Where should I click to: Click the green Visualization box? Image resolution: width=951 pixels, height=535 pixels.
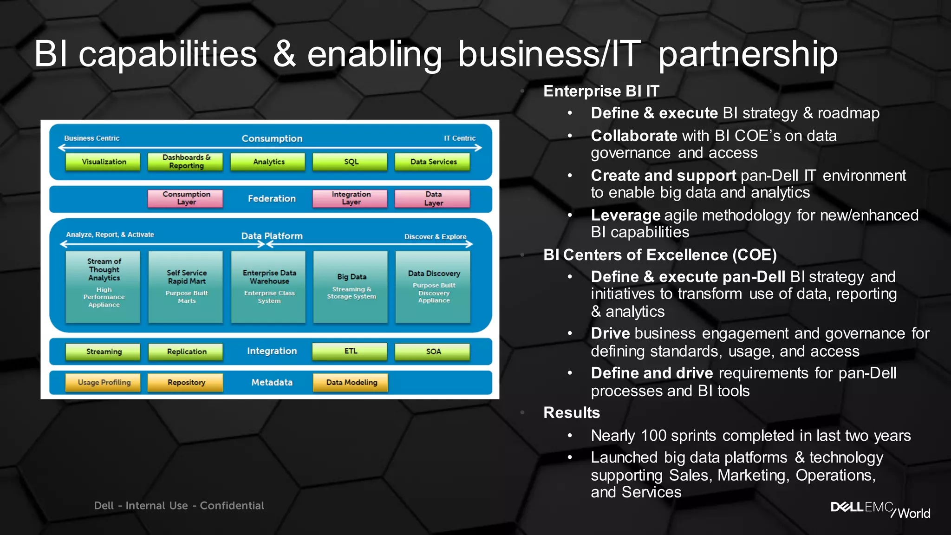103,162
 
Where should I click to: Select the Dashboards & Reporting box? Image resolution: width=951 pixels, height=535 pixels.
186,162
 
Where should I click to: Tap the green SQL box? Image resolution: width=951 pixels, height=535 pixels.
351,162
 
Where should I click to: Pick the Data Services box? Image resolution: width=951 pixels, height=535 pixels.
433,162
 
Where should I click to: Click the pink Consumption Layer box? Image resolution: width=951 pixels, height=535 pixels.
186,198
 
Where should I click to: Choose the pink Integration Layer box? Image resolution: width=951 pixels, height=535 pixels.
351,198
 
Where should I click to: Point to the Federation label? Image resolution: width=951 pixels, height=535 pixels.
272,199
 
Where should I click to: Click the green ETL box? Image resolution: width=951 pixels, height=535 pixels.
351,352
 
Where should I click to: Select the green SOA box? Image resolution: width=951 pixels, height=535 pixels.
433,352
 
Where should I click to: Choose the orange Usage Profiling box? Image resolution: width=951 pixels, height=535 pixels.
104,383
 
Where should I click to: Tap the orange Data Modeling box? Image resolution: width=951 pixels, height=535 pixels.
351,383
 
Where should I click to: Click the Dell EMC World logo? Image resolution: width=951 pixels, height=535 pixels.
880,509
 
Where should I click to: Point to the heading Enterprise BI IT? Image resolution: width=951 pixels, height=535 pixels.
601,91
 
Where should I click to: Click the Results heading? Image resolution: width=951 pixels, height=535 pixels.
571,412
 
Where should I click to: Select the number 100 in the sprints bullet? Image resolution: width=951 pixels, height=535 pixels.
653,436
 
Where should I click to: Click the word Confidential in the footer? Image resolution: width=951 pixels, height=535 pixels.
232,506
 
